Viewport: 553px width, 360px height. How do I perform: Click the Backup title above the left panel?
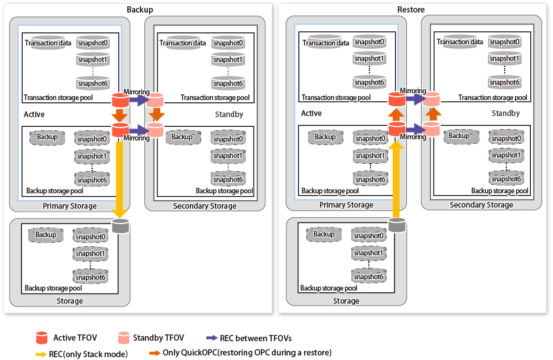140,10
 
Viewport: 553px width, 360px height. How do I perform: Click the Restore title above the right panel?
411,10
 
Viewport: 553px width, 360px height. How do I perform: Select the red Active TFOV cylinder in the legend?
41,338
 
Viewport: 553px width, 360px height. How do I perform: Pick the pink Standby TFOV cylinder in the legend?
123,338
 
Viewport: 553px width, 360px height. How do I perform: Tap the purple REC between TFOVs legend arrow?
211,338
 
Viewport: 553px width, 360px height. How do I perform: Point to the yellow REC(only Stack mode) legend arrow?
41,354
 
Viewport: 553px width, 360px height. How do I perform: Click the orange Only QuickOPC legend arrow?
155,353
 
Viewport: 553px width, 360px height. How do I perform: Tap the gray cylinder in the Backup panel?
120,226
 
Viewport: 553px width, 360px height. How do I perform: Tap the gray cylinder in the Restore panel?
397,225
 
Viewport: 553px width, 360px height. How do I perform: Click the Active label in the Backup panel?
34,114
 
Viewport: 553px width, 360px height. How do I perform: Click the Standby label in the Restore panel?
506,113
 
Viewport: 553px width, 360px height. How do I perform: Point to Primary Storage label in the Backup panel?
70,206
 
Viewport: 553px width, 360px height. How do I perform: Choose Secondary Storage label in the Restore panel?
481,205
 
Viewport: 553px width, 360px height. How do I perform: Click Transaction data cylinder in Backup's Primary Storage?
48,43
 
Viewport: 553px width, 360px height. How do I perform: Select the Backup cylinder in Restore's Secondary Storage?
460,136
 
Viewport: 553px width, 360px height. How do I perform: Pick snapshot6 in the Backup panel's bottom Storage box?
90,276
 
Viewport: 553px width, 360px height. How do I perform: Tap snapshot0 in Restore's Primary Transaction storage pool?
369,42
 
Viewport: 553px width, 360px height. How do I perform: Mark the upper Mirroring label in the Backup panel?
136,92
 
